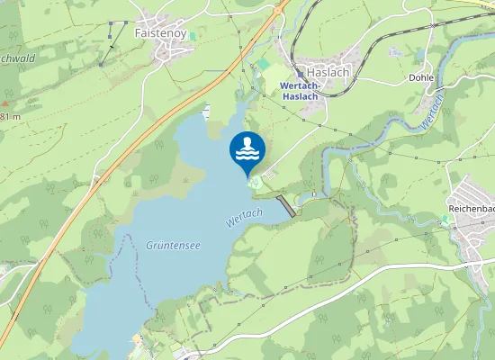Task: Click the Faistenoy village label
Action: pyautogui.click(x=160, y=32)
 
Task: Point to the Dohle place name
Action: pyautogui.click(x=422, y=78)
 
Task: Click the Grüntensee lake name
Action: pyautogui.click(x=173, y=245)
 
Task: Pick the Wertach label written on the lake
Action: pyautogui.click(x=245, y=217)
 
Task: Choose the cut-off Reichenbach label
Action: pyautogui.click(x=472, y=209)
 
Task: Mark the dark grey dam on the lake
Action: pyautogui.click(x=286, y=205)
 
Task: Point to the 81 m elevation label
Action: pyautogui.click(x=9, y=117)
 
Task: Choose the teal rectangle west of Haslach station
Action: pyautogui.click(x=264, y=66)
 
